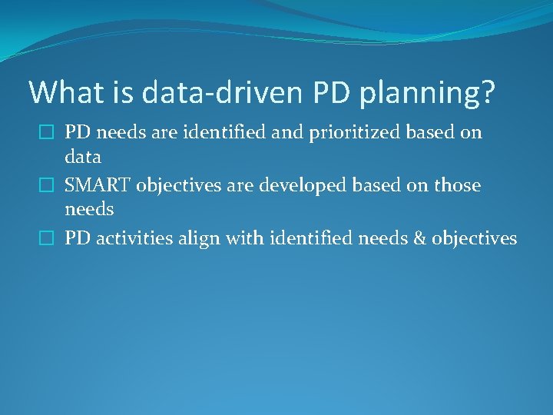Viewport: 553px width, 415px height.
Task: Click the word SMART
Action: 98,186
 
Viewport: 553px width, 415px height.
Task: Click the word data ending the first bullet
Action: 83,158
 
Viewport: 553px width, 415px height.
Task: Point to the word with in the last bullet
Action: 235,239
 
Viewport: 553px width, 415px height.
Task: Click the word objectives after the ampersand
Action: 474,239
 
